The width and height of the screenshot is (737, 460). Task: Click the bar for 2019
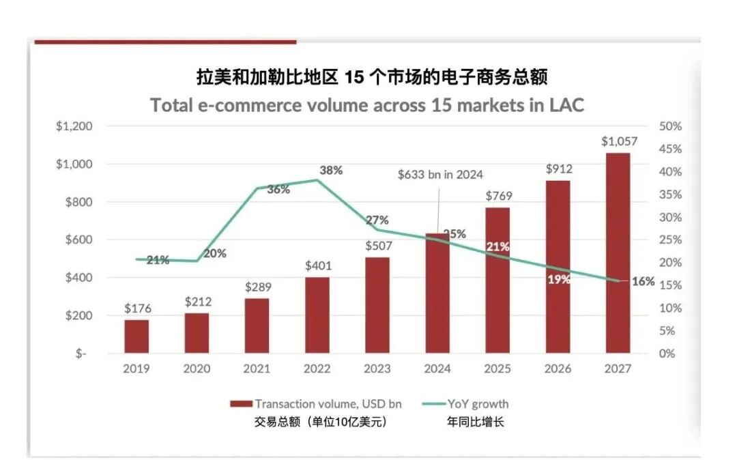coord(136,336)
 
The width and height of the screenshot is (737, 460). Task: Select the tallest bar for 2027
coord(618,253)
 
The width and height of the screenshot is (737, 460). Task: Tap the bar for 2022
coord(317,315)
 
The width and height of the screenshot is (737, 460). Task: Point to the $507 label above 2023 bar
coord(377,246)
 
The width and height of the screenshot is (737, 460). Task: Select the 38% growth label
coord(331,171)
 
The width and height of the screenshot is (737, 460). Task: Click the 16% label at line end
coord(642,281)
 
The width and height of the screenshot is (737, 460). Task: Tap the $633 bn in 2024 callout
coord(440,175)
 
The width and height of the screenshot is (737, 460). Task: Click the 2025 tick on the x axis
coord(497,369)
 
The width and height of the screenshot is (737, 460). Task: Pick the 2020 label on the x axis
coord(197,369)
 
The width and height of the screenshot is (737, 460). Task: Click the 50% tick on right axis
coord(671,126)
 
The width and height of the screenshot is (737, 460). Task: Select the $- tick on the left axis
coord(81,354)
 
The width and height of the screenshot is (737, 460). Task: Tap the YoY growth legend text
coord(478,404)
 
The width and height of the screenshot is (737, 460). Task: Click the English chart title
coord(367,106)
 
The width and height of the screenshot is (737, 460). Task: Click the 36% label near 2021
coord(278,190)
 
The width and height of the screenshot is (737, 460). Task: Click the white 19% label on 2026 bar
coord(558,279)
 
